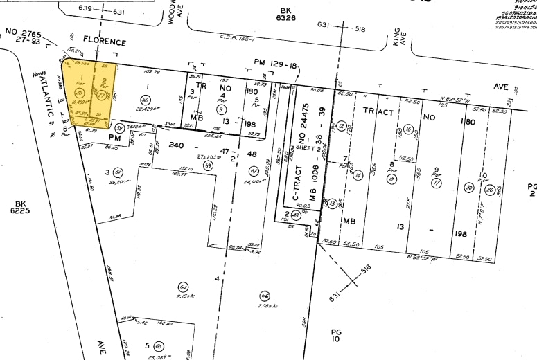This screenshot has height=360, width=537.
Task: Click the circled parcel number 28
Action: coord(79,93)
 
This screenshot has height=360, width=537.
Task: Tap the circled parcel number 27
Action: coord(102,95)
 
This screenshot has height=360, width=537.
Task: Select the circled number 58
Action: coord(146,99)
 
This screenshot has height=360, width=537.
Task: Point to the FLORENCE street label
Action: coord(105,42)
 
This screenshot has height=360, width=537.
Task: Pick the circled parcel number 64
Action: coord(183,287)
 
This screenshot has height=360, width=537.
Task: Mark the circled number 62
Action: coord(118,172)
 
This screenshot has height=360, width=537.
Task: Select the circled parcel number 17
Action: coord(437,184)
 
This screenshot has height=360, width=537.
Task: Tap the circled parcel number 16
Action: coord(410,129)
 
